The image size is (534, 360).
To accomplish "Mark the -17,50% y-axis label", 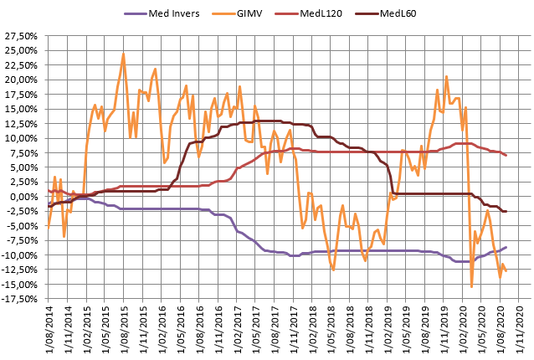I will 22,299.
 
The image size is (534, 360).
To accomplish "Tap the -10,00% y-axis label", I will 22,255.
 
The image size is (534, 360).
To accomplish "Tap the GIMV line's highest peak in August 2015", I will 124,54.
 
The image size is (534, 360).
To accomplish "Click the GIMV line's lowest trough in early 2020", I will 472,287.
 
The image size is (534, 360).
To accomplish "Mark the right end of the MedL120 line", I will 506,156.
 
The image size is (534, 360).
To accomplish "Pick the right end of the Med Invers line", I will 506,248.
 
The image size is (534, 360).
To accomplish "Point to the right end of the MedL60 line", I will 506,211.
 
